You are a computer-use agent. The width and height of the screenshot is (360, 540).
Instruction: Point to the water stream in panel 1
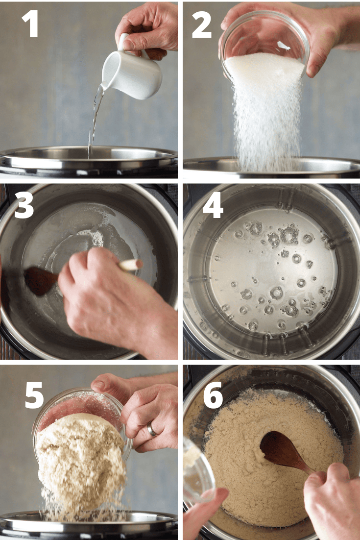point(94,118)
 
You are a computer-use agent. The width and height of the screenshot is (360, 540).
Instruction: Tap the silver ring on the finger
point(152,430)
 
